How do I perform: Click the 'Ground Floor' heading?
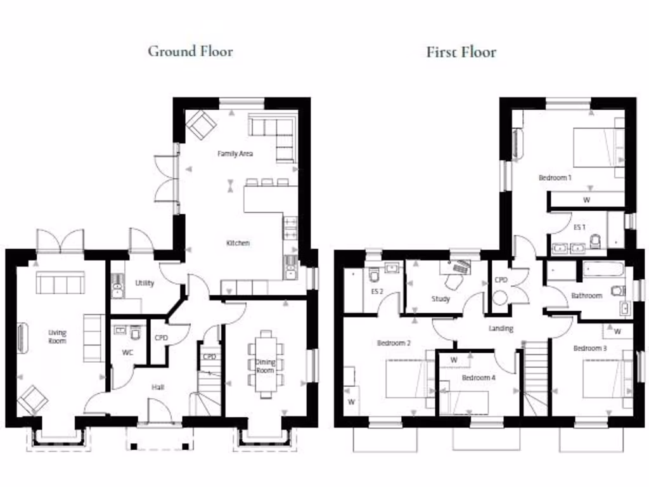click(190, 51)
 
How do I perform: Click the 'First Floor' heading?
click(461, 52)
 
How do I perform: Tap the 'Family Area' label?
click(235, 154)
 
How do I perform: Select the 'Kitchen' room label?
click(238, 243)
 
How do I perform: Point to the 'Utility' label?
click(145, 283)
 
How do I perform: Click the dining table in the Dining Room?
click(266, 365)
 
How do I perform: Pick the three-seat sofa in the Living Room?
click(60, 283)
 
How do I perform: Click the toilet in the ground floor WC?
click(136, 332)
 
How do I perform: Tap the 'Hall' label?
click(158, 387)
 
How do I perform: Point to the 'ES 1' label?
click(579, 227)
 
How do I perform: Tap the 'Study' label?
click(440, 299)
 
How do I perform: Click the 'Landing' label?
click(501, 328)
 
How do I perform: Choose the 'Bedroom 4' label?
click(478, 377)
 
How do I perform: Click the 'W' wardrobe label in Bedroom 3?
click(617, 332)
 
